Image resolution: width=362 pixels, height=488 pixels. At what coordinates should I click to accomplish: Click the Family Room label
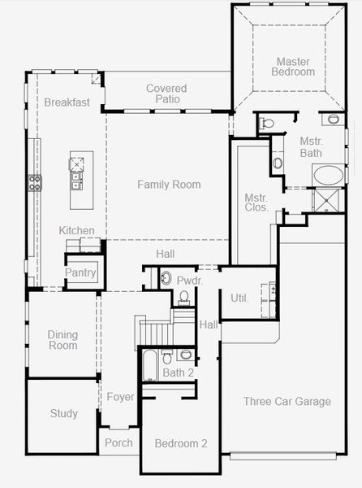[x=169, y=185]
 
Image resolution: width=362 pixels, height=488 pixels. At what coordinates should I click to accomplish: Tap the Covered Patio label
[x=166, y=94]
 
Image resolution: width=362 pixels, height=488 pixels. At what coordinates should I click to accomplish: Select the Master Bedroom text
[x=293, y=67]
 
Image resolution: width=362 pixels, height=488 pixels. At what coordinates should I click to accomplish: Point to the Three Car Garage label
[x=287, y=402]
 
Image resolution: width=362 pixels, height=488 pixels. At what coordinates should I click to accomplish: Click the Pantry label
[x=80, y=272]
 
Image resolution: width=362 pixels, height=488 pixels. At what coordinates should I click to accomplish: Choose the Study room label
[x=63, y=414]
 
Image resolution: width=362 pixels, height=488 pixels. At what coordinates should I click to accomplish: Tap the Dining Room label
[x=62, y=340]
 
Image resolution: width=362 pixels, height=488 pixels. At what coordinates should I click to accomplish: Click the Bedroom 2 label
[x=181, y=443]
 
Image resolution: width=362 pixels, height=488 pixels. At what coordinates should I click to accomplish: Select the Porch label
[x=119, y=442]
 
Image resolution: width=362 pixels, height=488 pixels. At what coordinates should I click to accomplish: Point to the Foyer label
[x=120, y=397]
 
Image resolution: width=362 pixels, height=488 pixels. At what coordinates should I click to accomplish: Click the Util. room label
[x=239, y=298]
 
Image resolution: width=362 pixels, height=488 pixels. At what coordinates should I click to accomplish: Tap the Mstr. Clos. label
[x=256, y=203]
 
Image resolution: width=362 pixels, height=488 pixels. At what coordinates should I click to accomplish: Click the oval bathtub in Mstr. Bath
[x=329, y=175]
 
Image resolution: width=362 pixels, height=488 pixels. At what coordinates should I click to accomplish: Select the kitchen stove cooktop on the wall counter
[x=35, y=183]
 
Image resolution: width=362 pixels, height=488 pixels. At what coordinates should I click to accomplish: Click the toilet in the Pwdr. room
[x=184, y=297]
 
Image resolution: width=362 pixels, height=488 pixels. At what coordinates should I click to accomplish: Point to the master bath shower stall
[x=326, y=201]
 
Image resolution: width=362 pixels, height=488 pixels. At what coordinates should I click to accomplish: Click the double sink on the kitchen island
[x=75, y=181]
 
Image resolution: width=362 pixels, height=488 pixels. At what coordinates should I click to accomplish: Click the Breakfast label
[x=67, y=102]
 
